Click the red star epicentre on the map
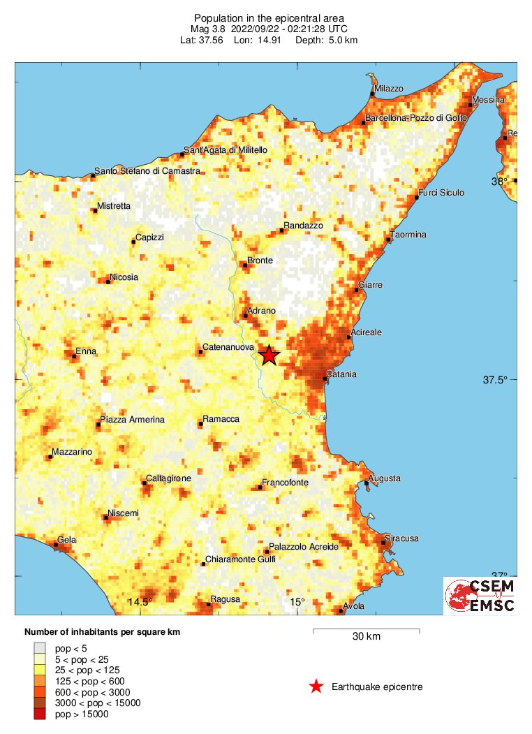[x=269, y=355]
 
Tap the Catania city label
[x=341, y=375]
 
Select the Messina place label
[x=488, y=100]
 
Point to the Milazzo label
[x=389, y=89]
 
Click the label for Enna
[x=86, y=351]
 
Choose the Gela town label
[x=67, y=540]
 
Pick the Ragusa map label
[x=225, y=599]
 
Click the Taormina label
[x=408, y=235]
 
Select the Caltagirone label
[x=168, y=479]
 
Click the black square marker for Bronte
[x=245, y=265]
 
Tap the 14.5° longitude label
[x=140, y=602]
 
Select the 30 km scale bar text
[x=366, y=636]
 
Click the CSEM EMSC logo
[x=480, y=596]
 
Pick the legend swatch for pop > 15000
[x=40, y=713]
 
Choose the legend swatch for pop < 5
[x=40, y=647]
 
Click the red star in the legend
[x=316, y=687]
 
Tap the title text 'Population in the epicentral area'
[x=268, y=18]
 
